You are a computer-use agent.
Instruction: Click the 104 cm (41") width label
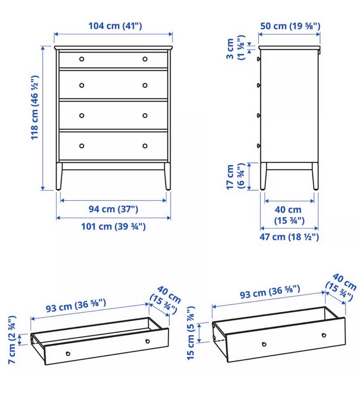pyautogui.click(x=115, y=26)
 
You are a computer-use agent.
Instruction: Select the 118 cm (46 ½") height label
pyautogui.click(x=34, y=107)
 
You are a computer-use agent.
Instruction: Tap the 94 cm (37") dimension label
pyautogui.click(x=113, y=209)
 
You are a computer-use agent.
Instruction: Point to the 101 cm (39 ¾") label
pyautogui.click(x=113, y=227)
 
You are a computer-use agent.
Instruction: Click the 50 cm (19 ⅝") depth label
pyautogui.click(x=290, y=26)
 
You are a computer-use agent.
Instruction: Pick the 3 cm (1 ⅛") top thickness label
pyautogui.click(x=235, y=48)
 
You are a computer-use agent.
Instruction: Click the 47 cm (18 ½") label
pyautogui.click(x=289, y=237)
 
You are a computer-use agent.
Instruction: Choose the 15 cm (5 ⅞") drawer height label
pyautogui.click(x=191, y=333)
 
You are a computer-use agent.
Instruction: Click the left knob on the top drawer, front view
pyautogui.click(x=82, y=59)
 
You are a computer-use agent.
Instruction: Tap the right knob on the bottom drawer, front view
pyautogui.click(x=145, y=146)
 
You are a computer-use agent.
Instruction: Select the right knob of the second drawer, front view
pyautogui.click(x=145, y=85)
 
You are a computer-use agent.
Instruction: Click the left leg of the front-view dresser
pyautogui.click(x=59, y=176)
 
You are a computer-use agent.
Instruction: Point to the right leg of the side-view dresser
pyautogui.click(x=315, y=176)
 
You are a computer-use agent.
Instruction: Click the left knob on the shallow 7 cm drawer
pyautogui.click(x=68, y=354)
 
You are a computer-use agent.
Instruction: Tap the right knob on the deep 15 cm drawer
pyautogui.click(x=324, y=335)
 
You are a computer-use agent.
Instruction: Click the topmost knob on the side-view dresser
pyautogui.click(x=258, y=59)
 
